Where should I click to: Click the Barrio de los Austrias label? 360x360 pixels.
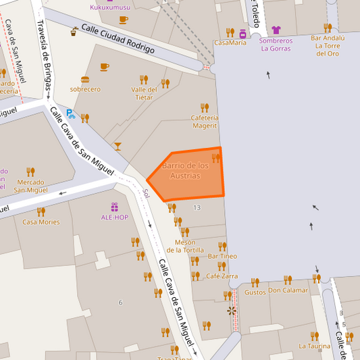(x=185, y=170)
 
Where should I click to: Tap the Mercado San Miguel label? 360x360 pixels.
(x=30, y=186)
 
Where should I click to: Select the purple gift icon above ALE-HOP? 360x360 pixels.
(x=114, y=207)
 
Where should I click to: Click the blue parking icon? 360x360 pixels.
(x=70, y=114)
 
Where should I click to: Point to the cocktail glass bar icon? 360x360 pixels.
(x=118, y=146)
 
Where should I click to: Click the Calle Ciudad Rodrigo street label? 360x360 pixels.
(x=118, y=38)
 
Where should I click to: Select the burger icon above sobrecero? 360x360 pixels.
(x=85, y=79)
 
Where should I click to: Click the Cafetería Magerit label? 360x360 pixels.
(x=204, y=121)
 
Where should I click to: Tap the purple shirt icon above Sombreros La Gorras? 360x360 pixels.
(x=276, y=30)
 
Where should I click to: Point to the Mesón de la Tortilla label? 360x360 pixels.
(x=185, y=247)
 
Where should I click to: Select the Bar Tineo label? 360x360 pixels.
(x=222, y=256)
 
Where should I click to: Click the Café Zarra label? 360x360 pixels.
(x=222, y=276)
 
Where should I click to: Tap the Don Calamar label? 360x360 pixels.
(x=288, y=290)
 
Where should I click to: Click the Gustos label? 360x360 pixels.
(x=255, y=292)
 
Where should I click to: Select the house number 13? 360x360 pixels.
(x=197, y=207)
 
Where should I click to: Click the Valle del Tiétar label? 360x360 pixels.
(x=144, y=93)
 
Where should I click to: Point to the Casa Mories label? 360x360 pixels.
(x=41, y=222)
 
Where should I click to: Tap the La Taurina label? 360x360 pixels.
(x=314, y=346)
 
